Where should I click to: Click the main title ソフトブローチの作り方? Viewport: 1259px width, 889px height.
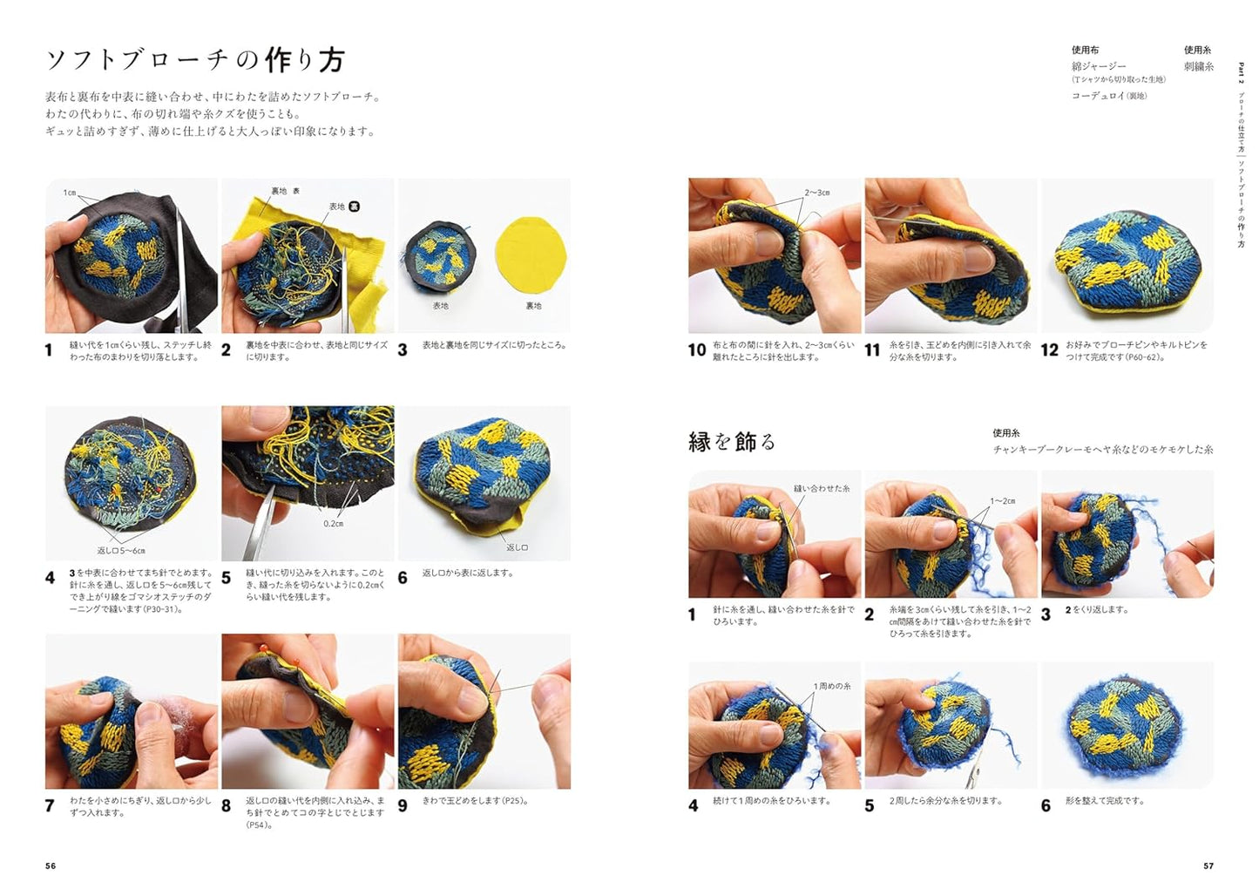click(x=195, y=60)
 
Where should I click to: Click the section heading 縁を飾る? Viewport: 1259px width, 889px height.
click(x=731, y=442)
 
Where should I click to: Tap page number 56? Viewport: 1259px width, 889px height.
click(x=51, y=865)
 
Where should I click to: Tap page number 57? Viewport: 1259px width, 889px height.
click(x=1208, y=865)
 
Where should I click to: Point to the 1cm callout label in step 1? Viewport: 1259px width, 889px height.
click(x=70, y=193)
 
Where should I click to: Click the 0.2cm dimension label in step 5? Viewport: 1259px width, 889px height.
click(x=333, y=524)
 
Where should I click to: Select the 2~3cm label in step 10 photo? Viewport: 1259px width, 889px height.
click(x=816, y=193)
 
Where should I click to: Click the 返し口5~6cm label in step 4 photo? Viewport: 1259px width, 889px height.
click(x=121, y=551)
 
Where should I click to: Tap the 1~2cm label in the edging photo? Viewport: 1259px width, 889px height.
click(x=1002, y=501)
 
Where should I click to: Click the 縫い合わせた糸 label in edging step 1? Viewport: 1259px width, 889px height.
click(x=821, y=489)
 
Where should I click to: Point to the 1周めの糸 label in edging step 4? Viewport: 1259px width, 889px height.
click(x=832, y=686)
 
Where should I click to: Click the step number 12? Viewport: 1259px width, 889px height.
click(x=1049, y=350)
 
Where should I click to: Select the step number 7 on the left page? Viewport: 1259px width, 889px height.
click(x=50, y=806)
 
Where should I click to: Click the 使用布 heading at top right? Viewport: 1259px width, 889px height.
click(x=1085, y=51)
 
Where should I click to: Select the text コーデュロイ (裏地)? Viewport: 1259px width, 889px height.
click(x=1108, y=96)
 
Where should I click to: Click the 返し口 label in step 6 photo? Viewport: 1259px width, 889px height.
click(x=517, y=547)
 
